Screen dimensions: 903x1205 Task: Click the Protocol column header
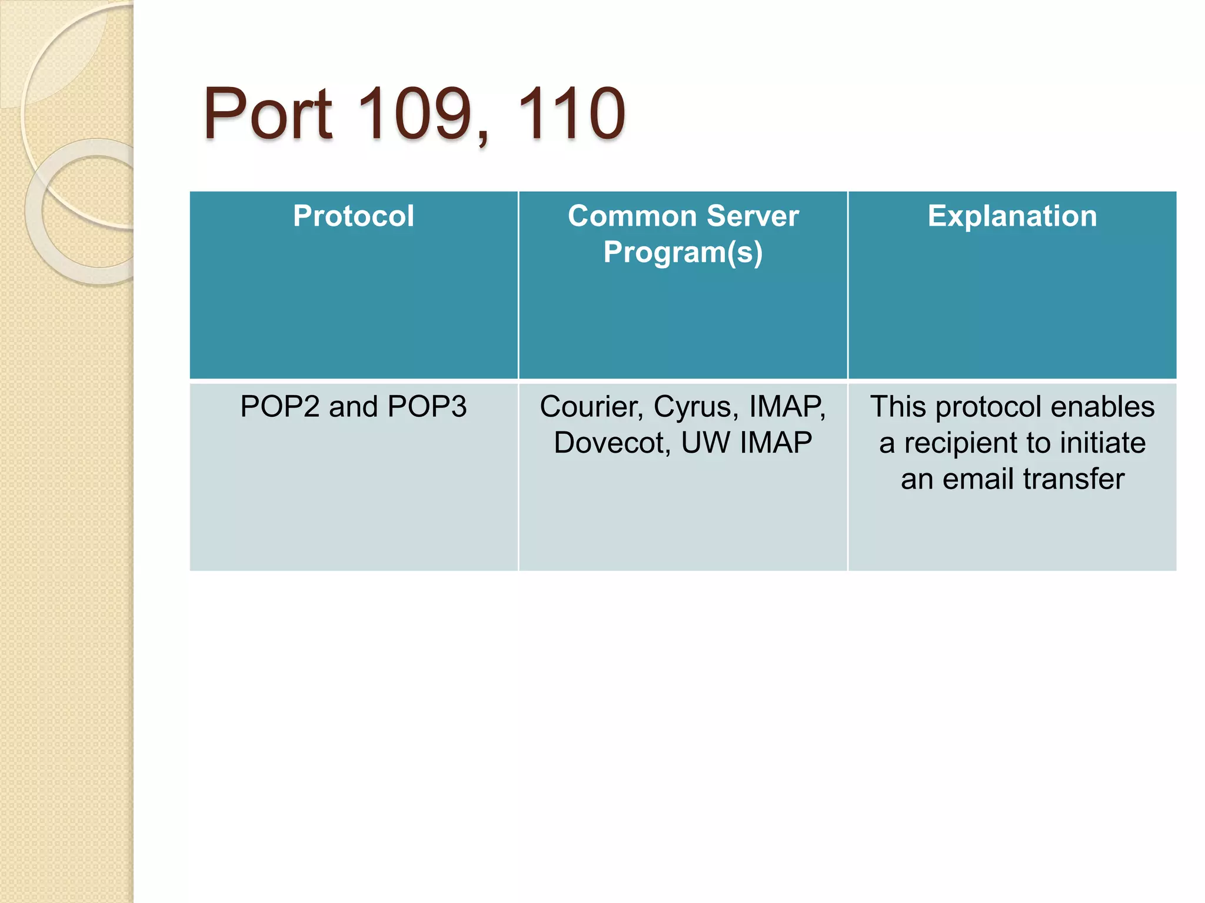354,216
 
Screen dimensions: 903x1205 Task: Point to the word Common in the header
632,216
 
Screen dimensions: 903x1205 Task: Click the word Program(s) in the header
683,252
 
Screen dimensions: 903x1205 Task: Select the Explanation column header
1012,216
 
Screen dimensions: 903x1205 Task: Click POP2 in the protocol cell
279,407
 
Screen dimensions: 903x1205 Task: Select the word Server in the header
753,216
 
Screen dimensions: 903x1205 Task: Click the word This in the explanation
898,407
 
